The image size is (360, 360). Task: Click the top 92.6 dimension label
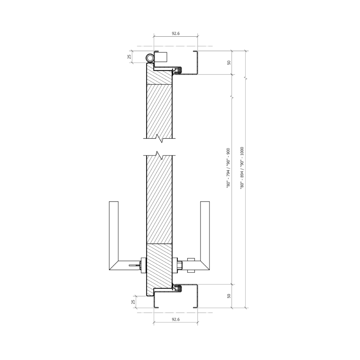point(175,33)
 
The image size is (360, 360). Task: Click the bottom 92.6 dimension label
point(175,319)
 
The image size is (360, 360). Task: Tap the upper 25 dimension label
point(129,57)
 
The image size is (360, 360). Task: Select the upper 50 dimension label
point(229,63)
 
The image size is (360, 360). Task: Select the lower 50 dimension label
point(229,296)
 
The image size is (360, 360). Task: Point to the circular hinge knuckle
point(150,58)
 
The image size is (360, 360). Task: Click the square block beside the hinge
point(160,57)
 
